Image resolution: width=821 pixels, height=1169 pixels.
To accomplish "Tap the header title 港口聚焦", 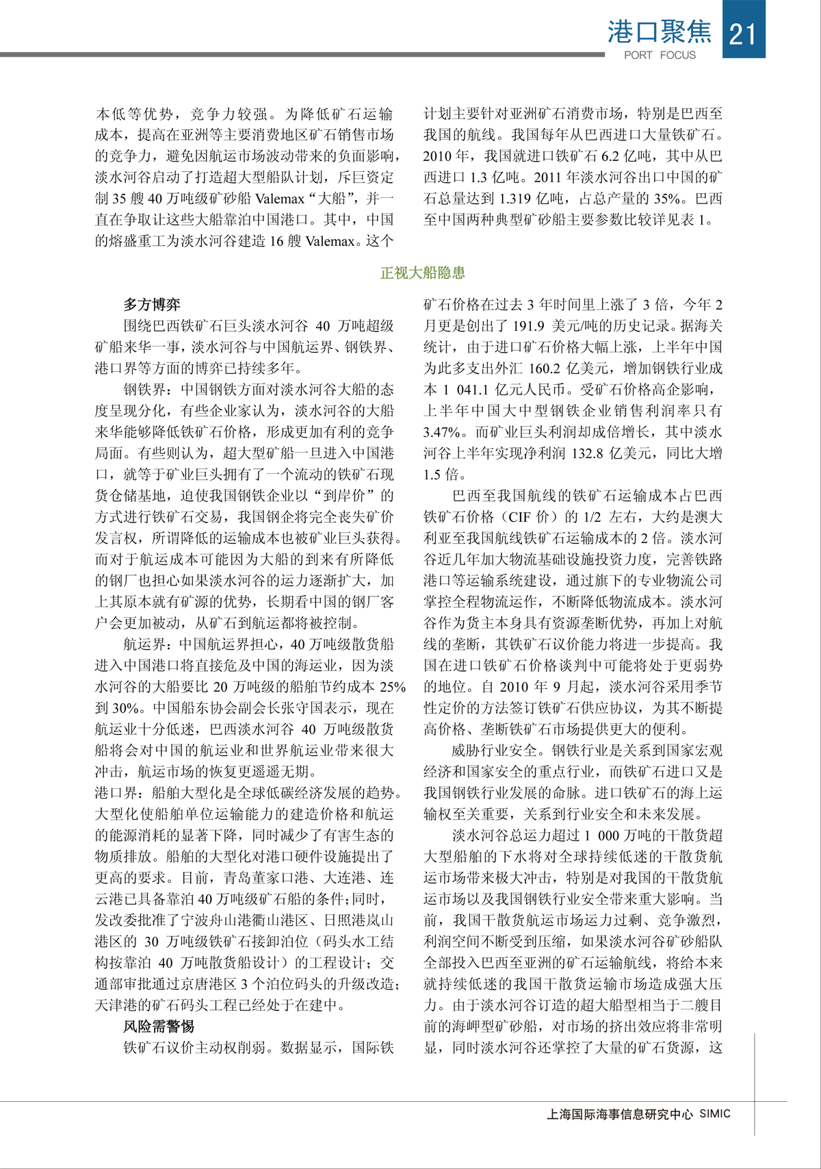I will pyautogui.click(x=659, y=32).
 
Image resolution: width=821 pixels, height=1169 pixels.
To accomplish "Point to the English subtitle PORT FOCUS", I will pyautogui.click(x=660, y=55).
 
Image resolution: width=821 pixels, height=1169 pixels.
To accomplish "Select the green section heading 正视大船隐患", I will pyautogui.click(x=422, y=273).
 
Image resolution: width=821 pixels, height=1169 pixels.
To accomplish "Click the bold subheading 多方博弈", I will pyautogui.click(x=152, y=305).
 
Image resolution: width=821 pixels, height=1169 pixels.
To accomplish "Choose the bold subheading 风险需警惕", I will pyautogui.click(x=159, y=1027).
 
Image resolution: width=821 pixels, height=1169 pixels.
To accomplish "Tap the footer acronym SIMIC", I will pyautogui.click(x=715, y=1114).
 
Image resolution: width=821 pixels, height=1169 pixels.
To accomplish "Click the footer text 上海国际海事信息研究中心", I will pyautogui.click(x=619, y=1114).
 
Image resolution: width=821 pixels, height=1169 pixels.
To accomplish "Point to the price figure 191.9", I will pyautogui.click(x=527, y=326).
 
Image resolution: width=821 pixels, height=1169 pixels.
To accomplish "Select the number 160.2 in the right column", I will pyautogui.click(x=549, y=368).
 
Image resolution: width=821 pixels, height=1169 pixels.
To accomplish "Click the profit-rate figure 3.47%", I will pyautogui.click(x=442, y=432).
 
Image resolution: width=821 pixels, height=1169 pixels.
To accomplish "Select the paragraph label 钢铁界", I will pyautogui.click(x=144, y=390).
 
